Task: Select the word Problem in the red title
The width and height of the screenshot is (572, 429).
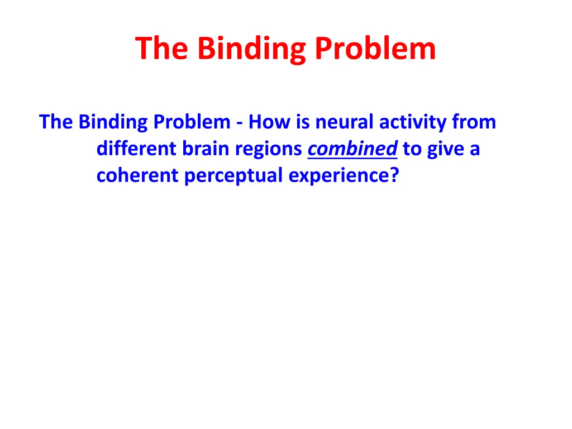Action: coord(375,49)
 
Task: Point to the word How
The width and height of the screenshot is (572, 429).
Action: coord(268,122)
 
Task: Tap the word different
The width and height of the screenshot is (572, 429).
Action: coord(137,149)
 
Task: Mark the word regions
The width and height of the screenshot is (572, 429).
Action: coord(267,150)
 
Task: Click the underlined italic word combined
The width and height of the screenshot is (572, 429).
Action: coord(352,149)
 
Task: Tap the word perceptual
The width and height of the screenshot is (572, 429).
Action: coord(234,177)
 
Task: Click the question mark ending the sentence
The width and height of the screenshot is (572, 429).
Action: coord(395,175)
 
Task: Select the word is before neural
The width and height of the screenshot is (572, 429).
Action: coord(303,122)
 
